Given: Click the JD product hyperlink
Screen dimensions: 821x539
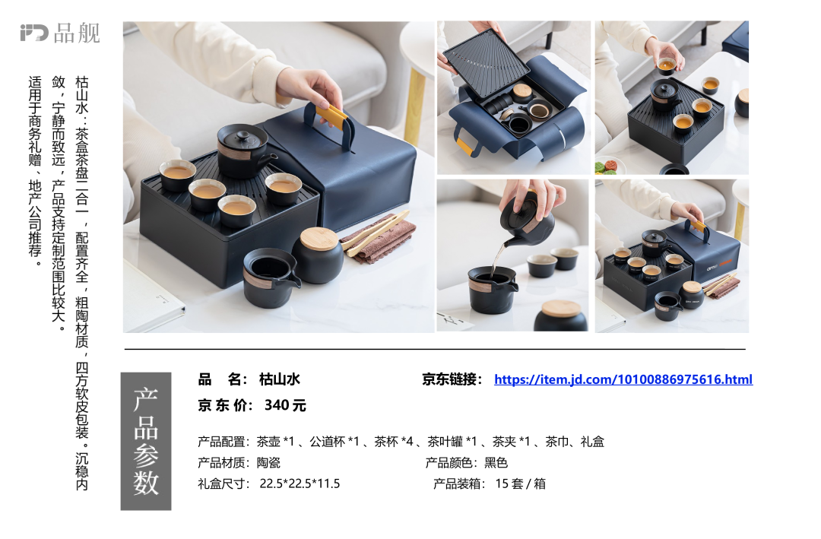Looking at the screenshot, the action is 623,379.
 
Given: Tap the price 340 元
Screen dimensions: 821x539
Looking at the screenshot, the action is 285,405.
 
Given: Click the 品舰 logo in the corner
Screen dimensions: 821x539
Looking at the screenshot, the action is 60,33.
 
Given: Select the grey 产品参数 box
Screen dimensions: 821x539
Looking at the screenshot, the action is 145,441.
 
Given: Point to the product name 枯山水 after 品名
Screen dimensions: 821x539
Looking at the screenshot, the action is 279,379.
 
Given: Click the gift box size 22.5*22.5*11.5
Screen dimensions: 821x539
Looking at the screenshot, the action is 300,484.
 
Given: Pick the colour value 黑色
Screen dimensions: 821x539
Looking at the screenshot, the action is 496,462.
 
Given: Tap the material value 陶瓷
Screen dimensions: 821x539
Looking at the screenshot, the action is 268,462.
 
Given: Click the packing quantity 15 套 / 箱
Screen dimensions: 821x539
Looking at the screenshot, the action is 521,484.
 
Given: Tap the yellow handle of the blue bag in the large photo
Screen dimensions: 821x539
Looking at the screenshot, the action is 331,117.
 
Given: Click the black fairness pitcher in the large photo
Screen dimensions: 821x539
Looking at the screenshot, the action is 270,276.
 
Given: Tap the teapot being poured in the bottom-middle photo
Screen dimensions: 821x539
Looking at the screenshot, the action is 526,217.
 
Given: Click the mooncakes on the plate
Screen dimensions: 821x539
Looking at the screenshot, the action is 610,167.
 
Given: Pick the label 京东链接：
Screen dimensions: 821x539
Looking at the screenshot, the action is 452,379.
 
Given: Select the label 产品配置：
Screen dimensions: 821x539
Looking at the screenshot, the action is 224,442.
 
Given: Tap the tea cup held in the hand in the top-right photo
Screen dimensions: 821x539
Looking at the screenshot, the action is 667,65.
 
